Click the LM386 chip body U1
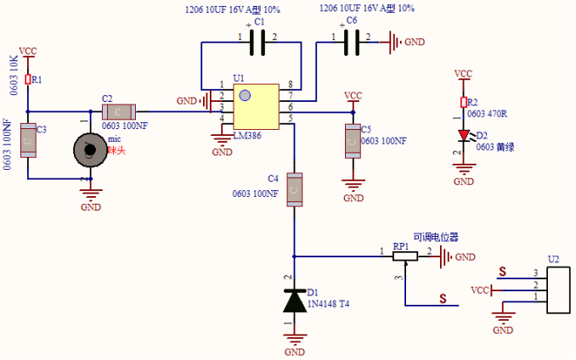tap(257, 105)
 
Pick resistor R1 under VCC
tap(27, 79)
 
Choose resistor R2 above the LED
tap(463, 103)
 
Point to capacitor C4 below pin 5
tap(295, 190)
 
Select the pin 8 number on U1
tap(291, 85)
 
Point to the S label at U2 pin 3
tap(502, 272)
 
